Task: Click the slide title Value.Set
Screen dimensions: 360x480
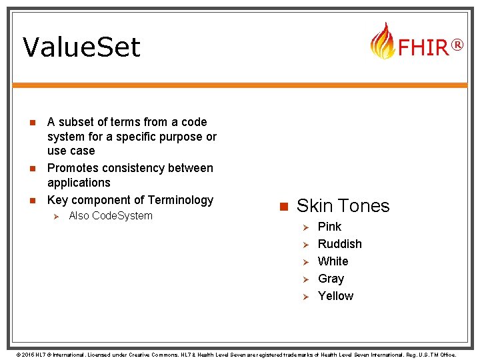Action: pyautogui.click(x=81, y=47)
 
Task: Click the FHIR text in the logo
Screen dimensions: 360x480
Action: pyautogui.click(x=423, y=47)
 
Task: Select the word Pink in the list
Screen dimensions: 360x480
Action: pyautogui.click(x=329, y=227)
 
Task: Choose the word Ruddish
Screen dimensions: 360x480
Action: pyautogui.click(x=339, y=244)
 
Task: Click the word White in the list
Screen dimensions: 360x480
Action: pyautogui.click(x=333, y=261)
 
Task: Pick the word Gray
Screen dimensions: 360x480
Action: pyautogui.click(x=331, y=279)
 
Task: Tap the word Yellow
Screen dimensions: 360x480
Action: pyautogui.click(x=335, y=296)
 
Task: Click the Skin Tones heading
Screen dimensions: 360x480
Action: pyautogui.click(x=343, y=205)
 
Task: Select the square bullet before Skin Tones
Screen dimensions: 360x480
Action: pyautogui.click(x=282, y=206)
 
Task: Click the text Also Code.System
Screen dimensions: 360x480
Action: pyautogui.click(x=111, y=215)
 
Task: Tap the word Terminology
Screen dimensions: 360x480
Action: pyautogui.click(x=181, y=200)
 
